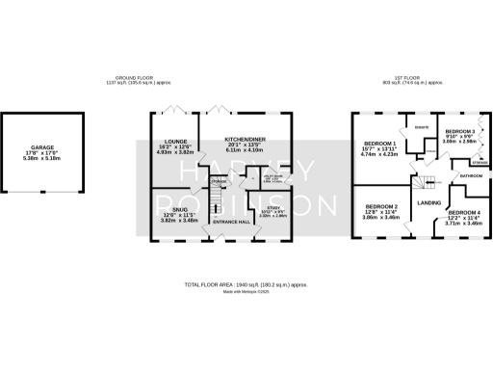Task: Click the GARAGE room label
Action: click(41, 148)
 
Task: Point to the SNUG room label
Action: click(180, 209)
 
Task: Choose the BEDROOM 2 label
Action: click(383, 206)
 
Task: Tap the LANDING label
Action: click(428, 203)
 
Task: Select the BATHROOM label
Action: click(471, 177)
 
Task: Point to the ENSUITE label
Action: click(421, 127)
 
